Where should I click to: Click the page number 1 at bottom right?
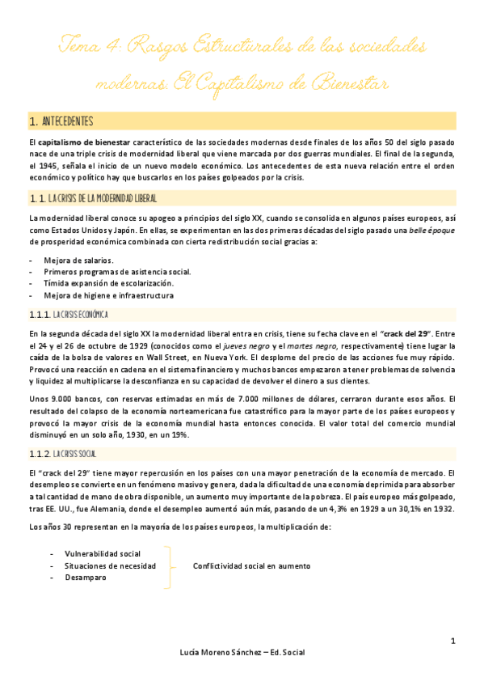(x=453, y=642)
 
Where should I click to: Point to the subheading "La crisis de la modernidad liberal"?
(x=103, y=197)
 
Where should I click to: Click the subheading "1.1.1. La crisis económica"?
(x=74, y=314)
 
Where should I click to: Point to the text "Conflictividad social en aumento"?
(x=251, y=566)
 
